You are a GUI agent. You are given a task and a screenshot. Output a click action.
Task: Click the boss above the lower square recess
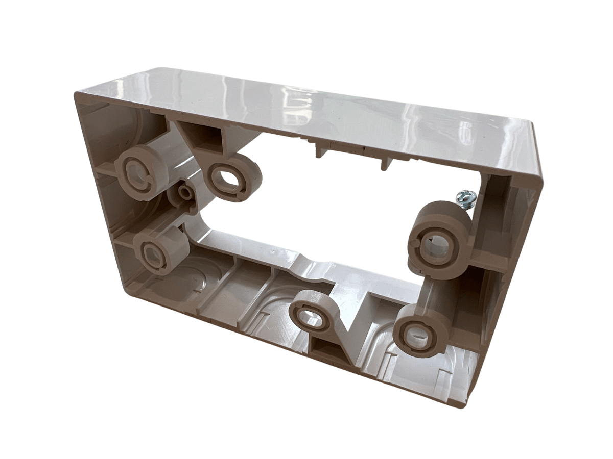point(310,314)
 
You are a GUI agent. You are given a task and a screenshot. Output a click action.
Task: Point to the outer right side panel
point(516,265)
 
